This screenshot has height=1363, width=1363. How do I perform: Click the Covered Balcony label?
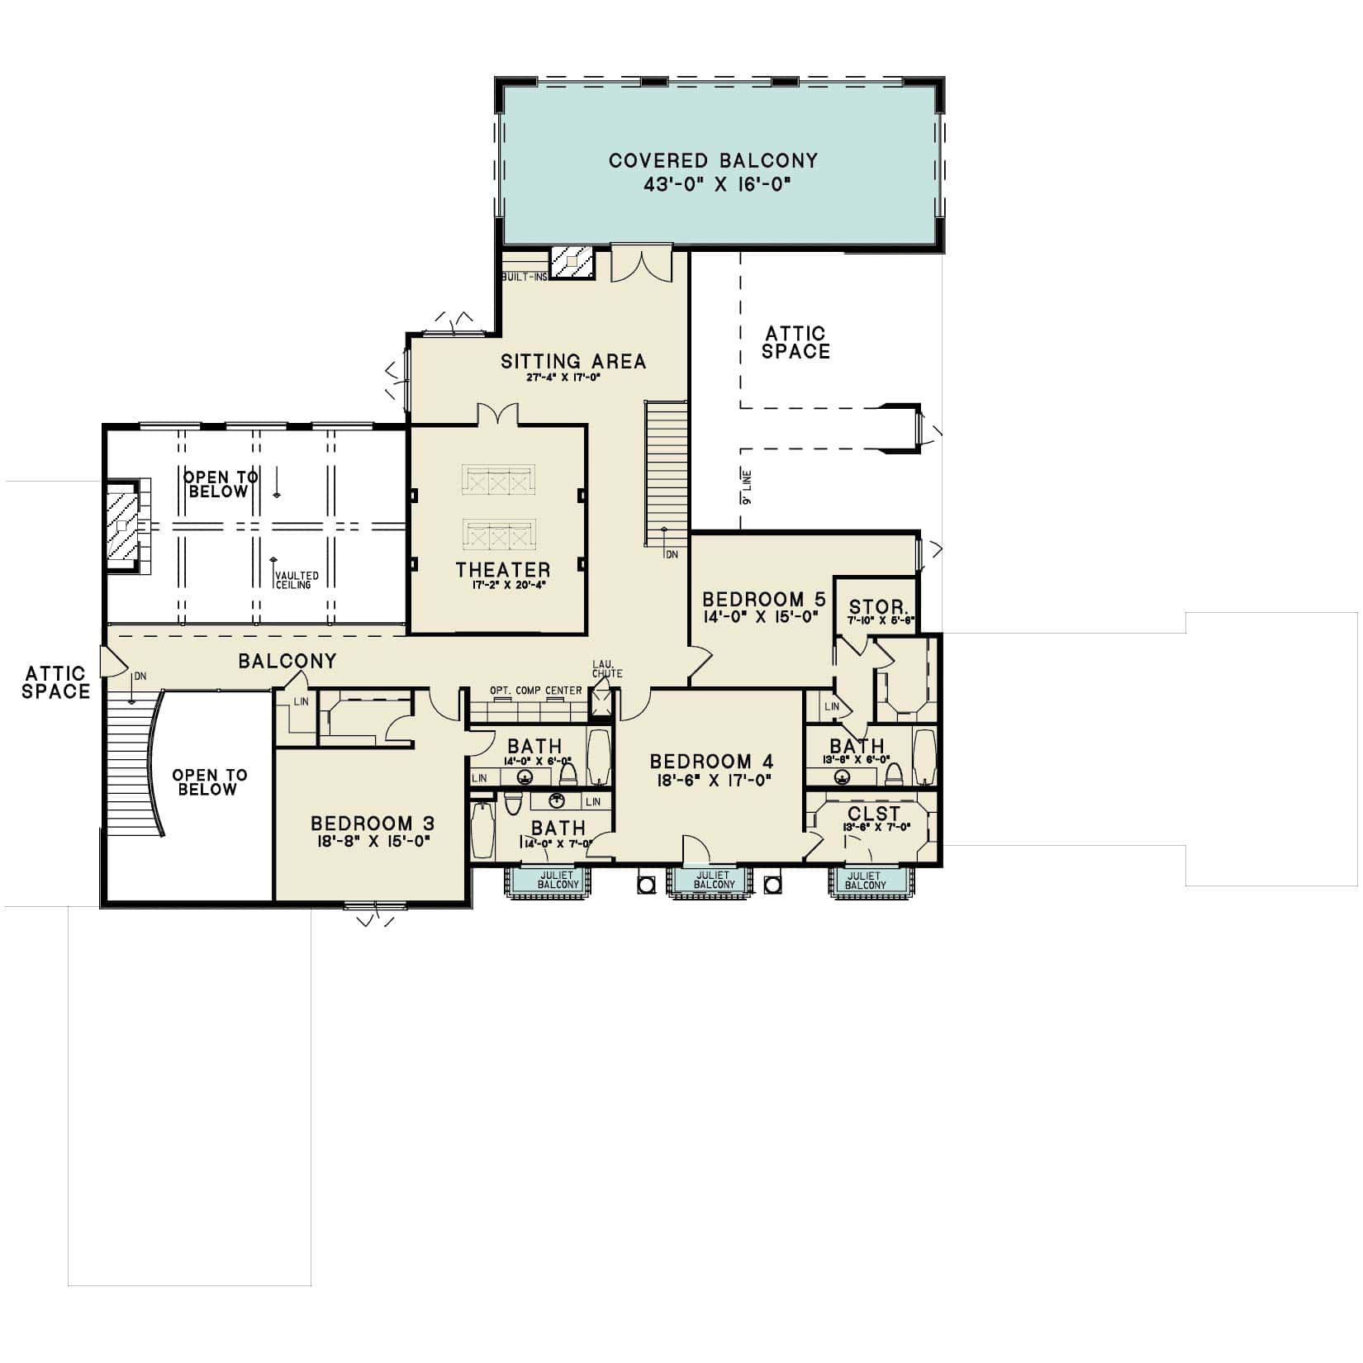point(713,160)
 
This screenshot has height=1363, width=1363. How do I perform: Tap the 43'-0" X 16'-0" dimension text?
point(713,186)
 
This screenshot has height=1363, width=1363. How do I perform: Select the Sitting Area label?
point(573,361)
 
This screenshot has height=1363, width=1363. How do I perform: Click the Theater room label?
point(503,569)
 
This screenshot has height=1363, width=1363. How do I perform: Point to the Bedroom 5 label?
point(763,599)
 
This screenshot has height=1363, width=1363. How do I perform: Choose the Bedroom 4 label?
point(712,761)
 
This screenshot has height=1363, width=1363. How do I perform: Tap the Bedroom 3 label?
point(373,824)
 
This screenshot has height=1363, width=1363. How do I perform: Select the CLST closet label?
point(874,814)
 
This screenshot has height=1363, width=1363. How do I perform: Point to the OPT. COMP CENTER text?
point(535,691)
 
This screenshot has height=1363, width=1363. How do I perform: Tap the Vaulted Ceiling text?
point(297,580)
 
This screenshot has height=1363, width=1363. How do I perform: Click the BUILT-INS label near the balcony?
point(524,277)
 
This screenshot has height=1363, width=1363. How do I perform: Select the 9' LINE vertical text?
point(746,487)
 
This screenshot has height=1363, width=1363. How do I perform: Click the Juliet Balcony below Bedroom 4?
point(713,880)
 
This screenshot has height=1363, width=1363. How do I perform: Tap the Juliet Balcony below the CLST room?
point(864,880)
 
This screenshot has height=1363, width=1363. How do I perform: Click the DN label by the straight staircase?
point(672,554)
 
